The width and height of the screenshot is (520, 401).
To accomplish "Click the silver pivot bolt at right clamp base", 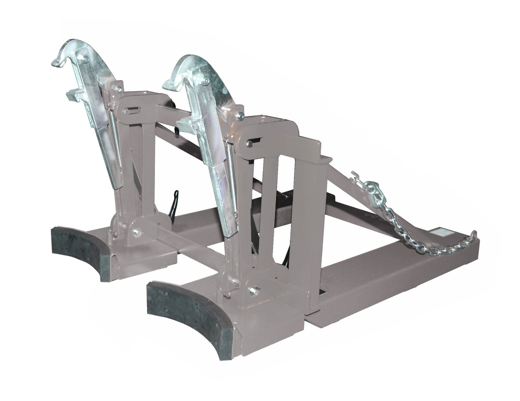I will coord(256,290).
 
